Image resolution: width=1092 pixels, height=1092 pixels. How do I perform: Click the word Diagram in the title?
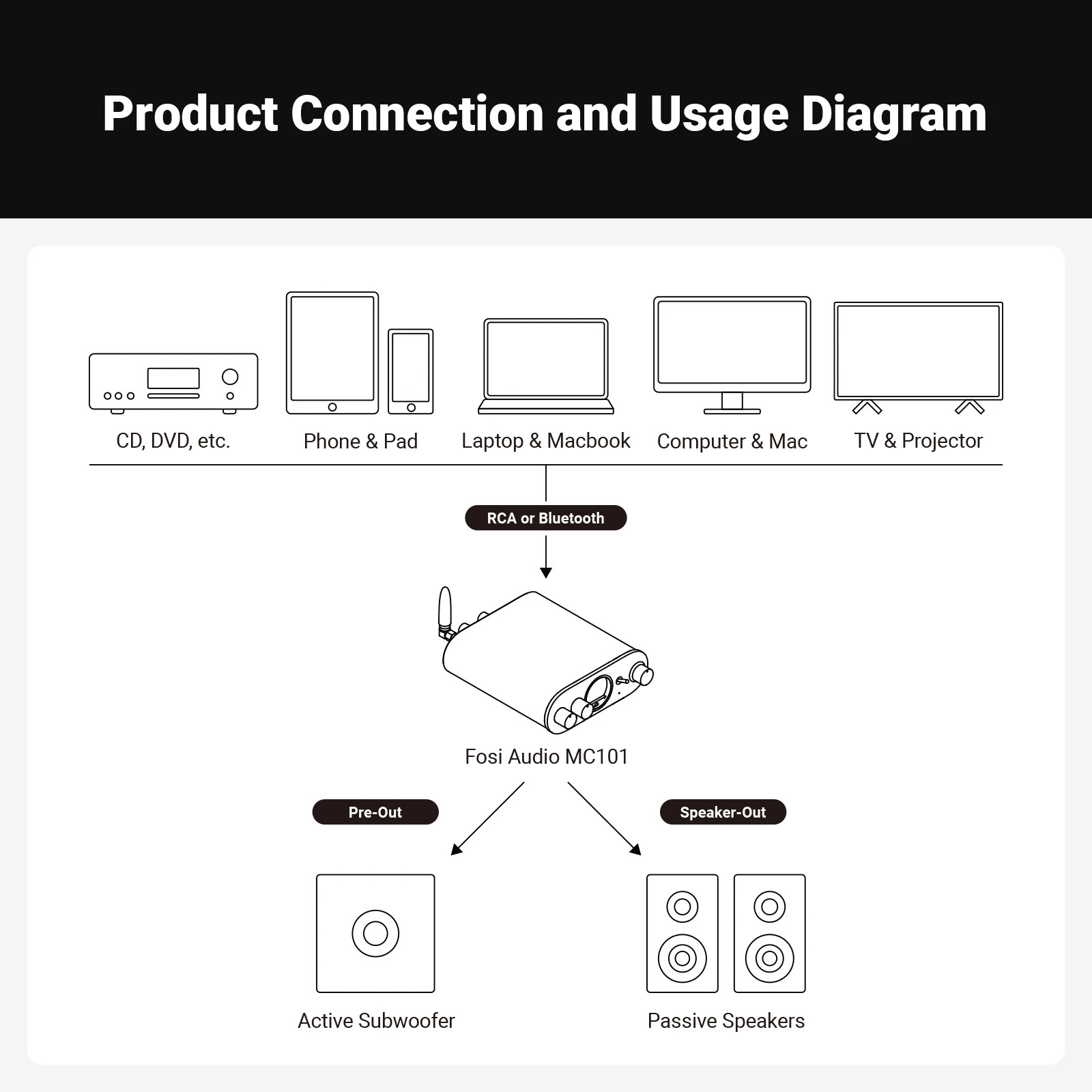893,113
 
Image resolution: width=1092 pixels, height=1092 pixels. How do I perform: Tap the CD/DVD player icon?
173,382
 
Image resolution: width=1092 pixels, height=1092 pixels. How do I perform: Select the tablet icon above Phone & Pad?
332,352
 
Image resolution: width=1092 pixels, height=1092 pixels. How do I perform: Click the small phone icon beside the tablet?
411,371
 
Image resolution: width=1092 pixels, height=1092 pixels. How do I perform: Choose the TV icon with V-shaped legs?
918,354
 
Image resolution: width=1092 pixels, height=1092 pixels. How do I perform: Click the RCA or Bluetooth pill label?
545,518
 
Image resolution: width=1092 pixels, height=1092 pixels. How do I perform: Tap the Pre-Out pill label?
375,812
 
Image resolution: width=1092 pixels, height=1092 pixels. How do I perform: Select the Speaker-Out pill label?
723,812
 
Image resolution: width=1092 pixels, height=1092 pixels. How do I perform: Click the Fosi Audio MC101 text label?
546,756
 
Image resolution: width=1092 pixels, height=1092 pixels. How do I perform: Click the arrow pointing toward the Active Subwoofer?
487,819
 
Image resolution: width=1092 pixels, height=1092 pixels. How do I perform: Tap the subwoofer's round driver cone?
375,933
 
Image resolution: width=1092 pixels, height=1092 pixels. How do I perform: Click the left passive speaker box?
682,933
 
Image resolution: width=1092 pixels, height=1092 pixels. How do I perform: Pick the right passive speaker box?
770,933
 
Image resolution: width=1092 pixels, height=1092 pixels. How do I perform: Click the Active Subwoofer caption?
376,1021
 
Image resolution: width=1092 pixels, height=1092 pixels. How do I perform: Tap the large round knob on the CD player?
231,377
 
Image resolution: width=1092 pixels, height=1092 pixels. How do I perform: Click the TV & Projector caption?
918,441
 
